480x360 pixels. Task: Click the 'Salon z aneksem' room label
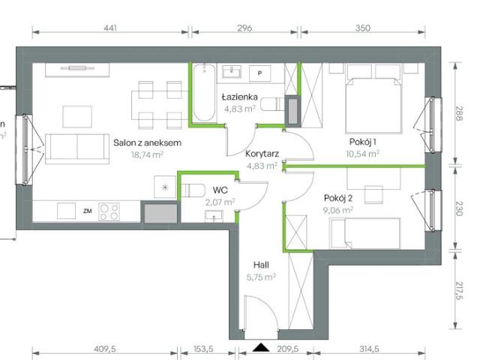[148, 142]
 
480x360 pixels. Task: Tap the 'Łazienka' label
[240, 97]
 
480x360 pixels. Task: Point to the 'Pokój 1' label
[363, 142]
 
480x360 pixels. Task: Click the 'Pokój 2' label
[339, 198]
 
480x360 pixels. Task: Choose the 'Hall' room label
[261, 264]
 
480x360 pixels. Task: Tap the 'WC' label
[219, 190]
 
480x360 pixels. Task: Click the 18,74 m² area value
[148, 154]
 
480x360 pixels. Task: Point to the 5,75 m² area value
[261, 276]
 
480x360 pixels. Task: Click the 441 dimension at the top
[109, 28]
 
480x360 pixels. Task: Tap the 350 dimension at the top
[363, 28]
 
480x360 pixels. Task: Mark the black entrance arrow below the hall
[261, 346]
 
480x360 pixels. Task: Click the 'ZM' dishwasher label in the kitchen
[87, 211]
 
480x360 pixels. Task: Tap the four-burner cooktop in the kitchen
[110, 211]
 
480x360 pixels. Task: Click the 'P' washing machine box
[259, 73]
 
